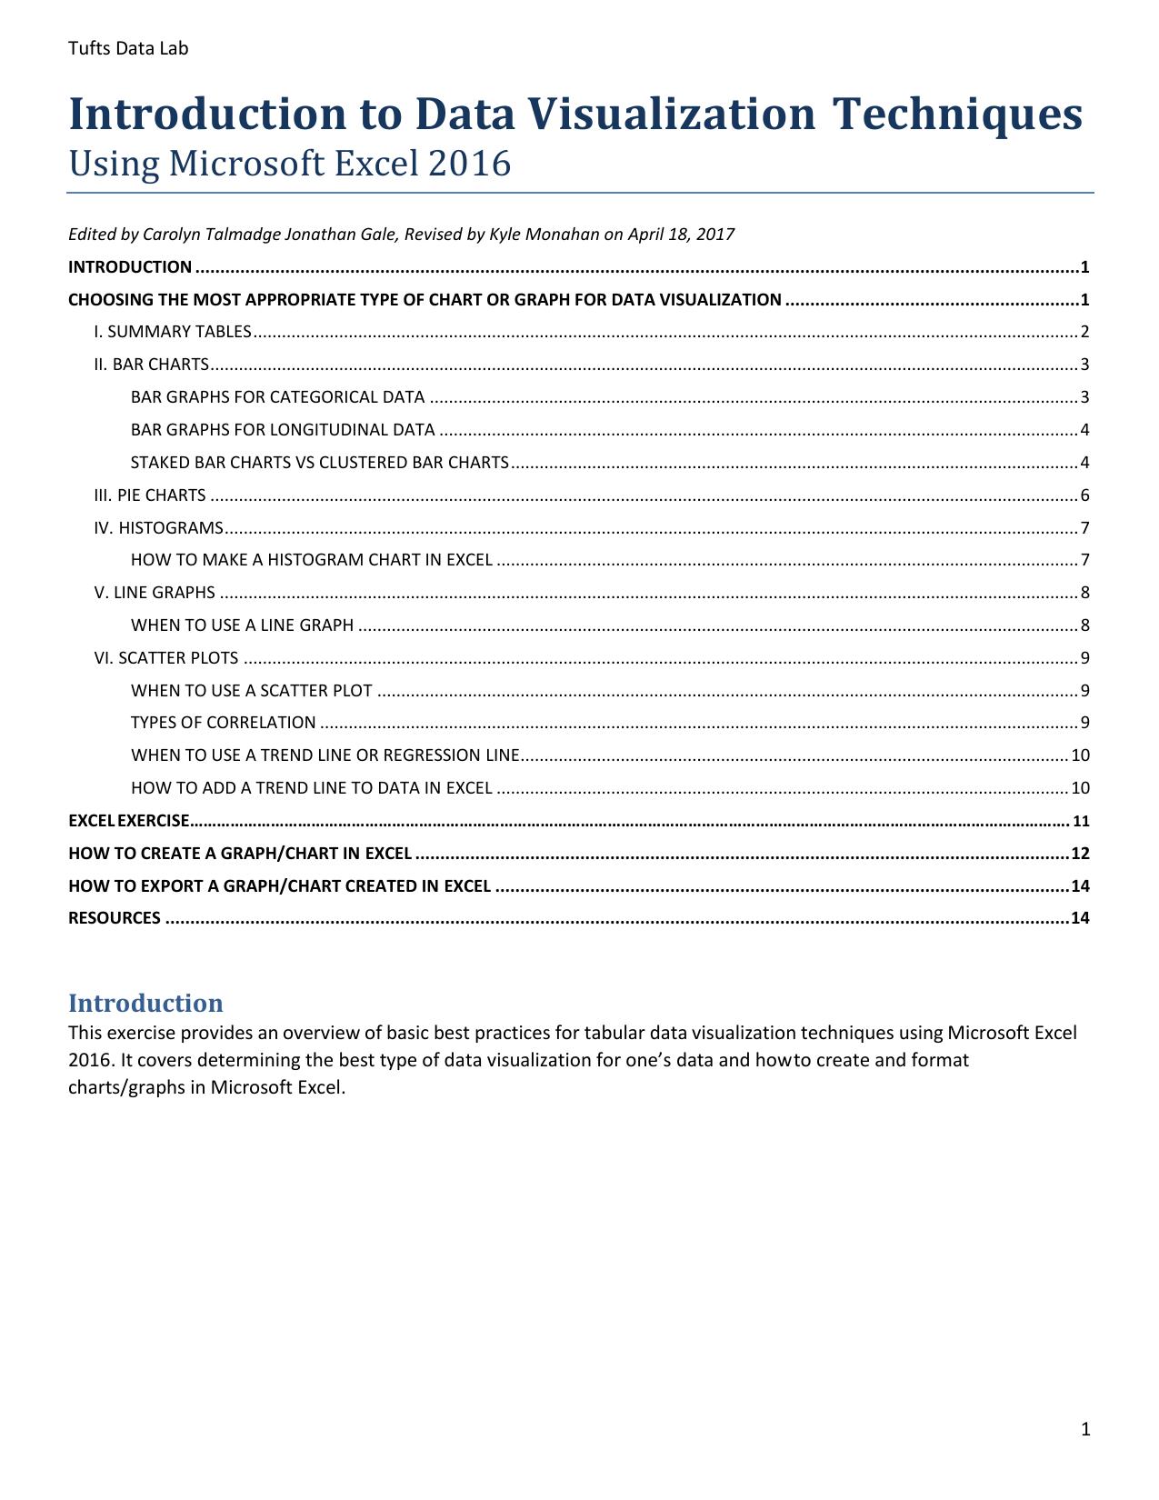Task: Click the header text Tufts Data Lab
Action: (x=128, y=48)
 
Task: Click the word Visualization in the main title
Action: (x=672, y=114)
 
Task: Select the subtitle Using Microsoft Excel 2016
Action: (x=290, y=164)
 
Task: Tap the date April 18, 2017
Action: (x=681, y=235)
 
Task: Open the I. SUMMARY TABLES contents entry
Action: (x=173, y=332)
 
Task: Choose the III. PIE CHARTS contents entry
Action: (x=150, y=495)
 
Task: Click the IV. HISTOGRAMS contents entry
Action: (x=158, y=528)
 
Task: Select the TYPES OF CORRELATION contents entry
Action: (x=224, y=723)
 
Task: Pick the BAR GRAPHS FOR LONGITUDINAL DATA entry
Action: (x=283, y=430)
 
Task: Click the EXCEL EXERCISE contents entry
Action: (x=129, y=821)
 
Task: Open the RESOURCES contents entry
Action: (x=115, y=918)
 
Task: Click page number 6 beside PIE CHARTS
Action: (x=1084, y=495)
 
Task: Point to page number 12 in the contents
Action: (x=1080, y=854)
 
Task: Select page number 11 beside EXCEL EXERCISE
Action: (x=1081, y=821)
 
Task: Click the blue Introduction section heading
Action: (x=145, y=1003)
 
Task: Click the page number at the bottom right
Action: (x=1085, y=1430)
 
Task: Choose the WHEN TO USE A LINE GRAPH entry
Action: (x=242, y=625)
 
